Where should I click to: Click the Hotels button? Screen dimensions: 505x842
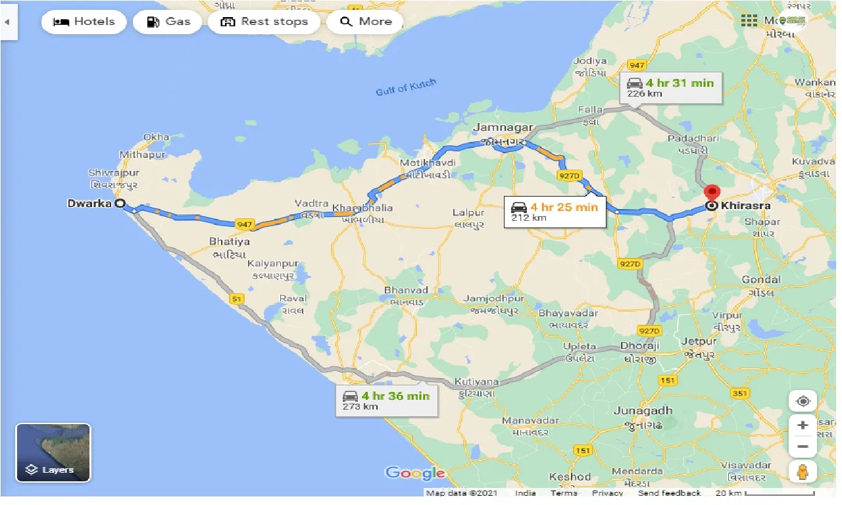coord(84,22)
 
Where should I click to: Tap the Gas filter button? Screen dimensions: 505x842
coord(168,22)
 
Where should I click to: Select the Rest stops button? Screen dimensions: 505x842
coord(264,22)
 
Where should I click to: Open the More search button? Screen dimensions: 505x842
coord(366,22)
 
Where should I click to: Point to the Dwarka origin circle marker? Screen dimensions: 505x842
coord(120,204)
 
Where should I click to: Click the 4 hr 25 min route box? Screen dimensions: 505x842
coord(555,212)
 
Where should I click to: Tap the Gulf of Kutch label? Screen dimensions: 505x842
coord(406,88)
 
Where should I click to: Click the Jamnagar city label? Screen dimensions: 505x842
coord(502,128)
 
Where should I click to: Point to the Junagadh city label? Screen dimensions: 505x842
coord(643,410)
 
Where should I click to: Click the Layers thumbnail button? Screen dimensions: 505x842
coord(53,452)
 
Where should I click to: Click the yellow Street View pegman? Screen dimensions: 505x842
coord(803,471)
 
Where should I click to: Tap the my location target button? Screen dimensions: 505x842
coord(803,401)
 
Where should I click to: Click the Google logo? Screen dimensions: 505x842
coord(415,473)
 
